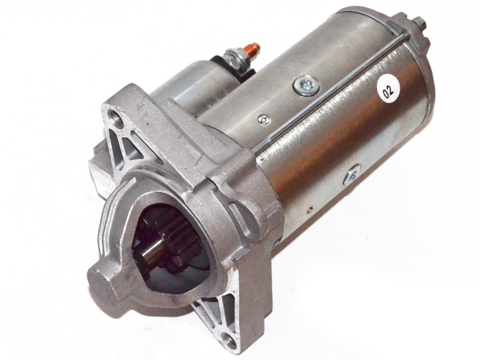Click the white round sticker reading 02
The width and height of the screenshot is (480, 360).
pyautogui.click(x=388, y=90)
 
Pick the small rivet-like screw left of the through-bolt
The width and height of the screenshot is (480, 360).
pyautogui.click(x=263, y=119)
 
